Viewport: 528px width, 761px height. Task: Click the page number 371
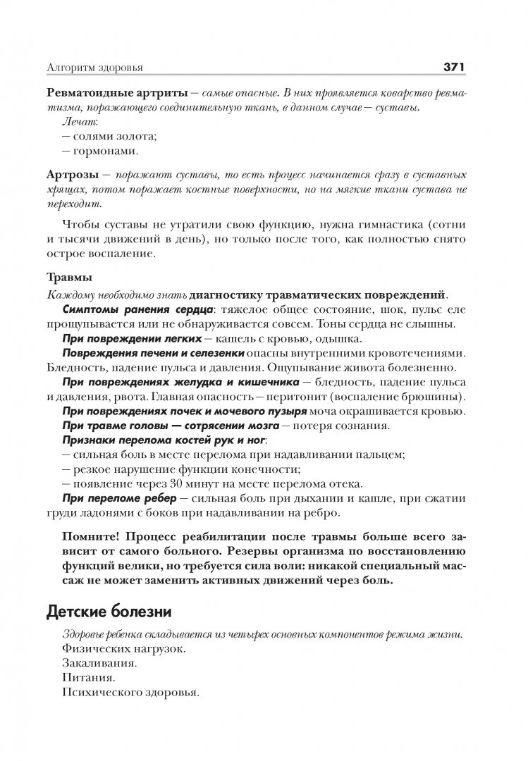click(x=452, y=68)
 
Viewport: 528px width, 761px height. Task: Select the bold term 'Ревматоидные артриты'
click(x=117, y=94)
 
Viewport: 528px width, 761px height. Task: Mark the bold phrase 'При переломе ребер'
click(x=111, y=497)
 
